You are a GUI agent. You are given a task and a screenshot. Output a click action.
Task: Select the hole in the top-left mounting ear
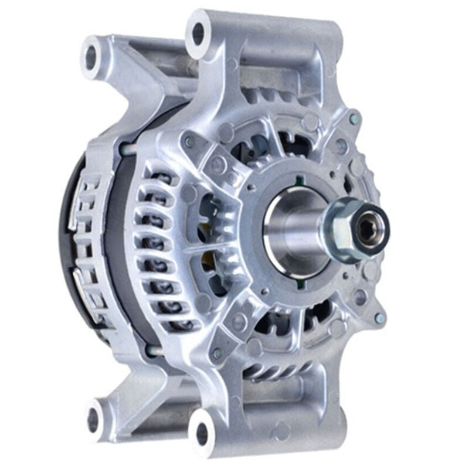(x=91, y=55)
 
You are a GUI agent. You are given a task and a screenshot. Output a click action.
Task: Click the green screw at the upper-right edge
(x=353, y=119)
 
